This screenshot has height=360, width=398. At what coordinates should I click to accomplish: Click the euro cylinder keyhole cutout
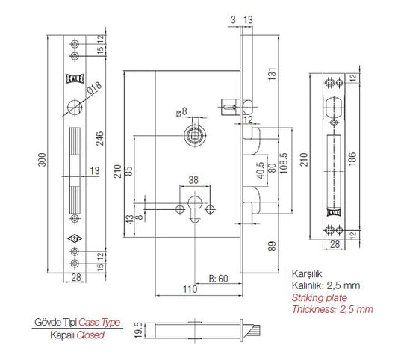[195, 209]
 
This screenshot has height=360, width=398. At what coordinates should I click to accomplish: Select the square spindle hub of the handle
[195, 135]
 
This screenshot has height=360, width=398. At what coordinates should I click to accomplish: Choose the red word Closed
[89, 337]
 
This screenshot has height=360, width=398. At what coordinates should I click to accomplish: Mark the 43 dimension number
[129, 220]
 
